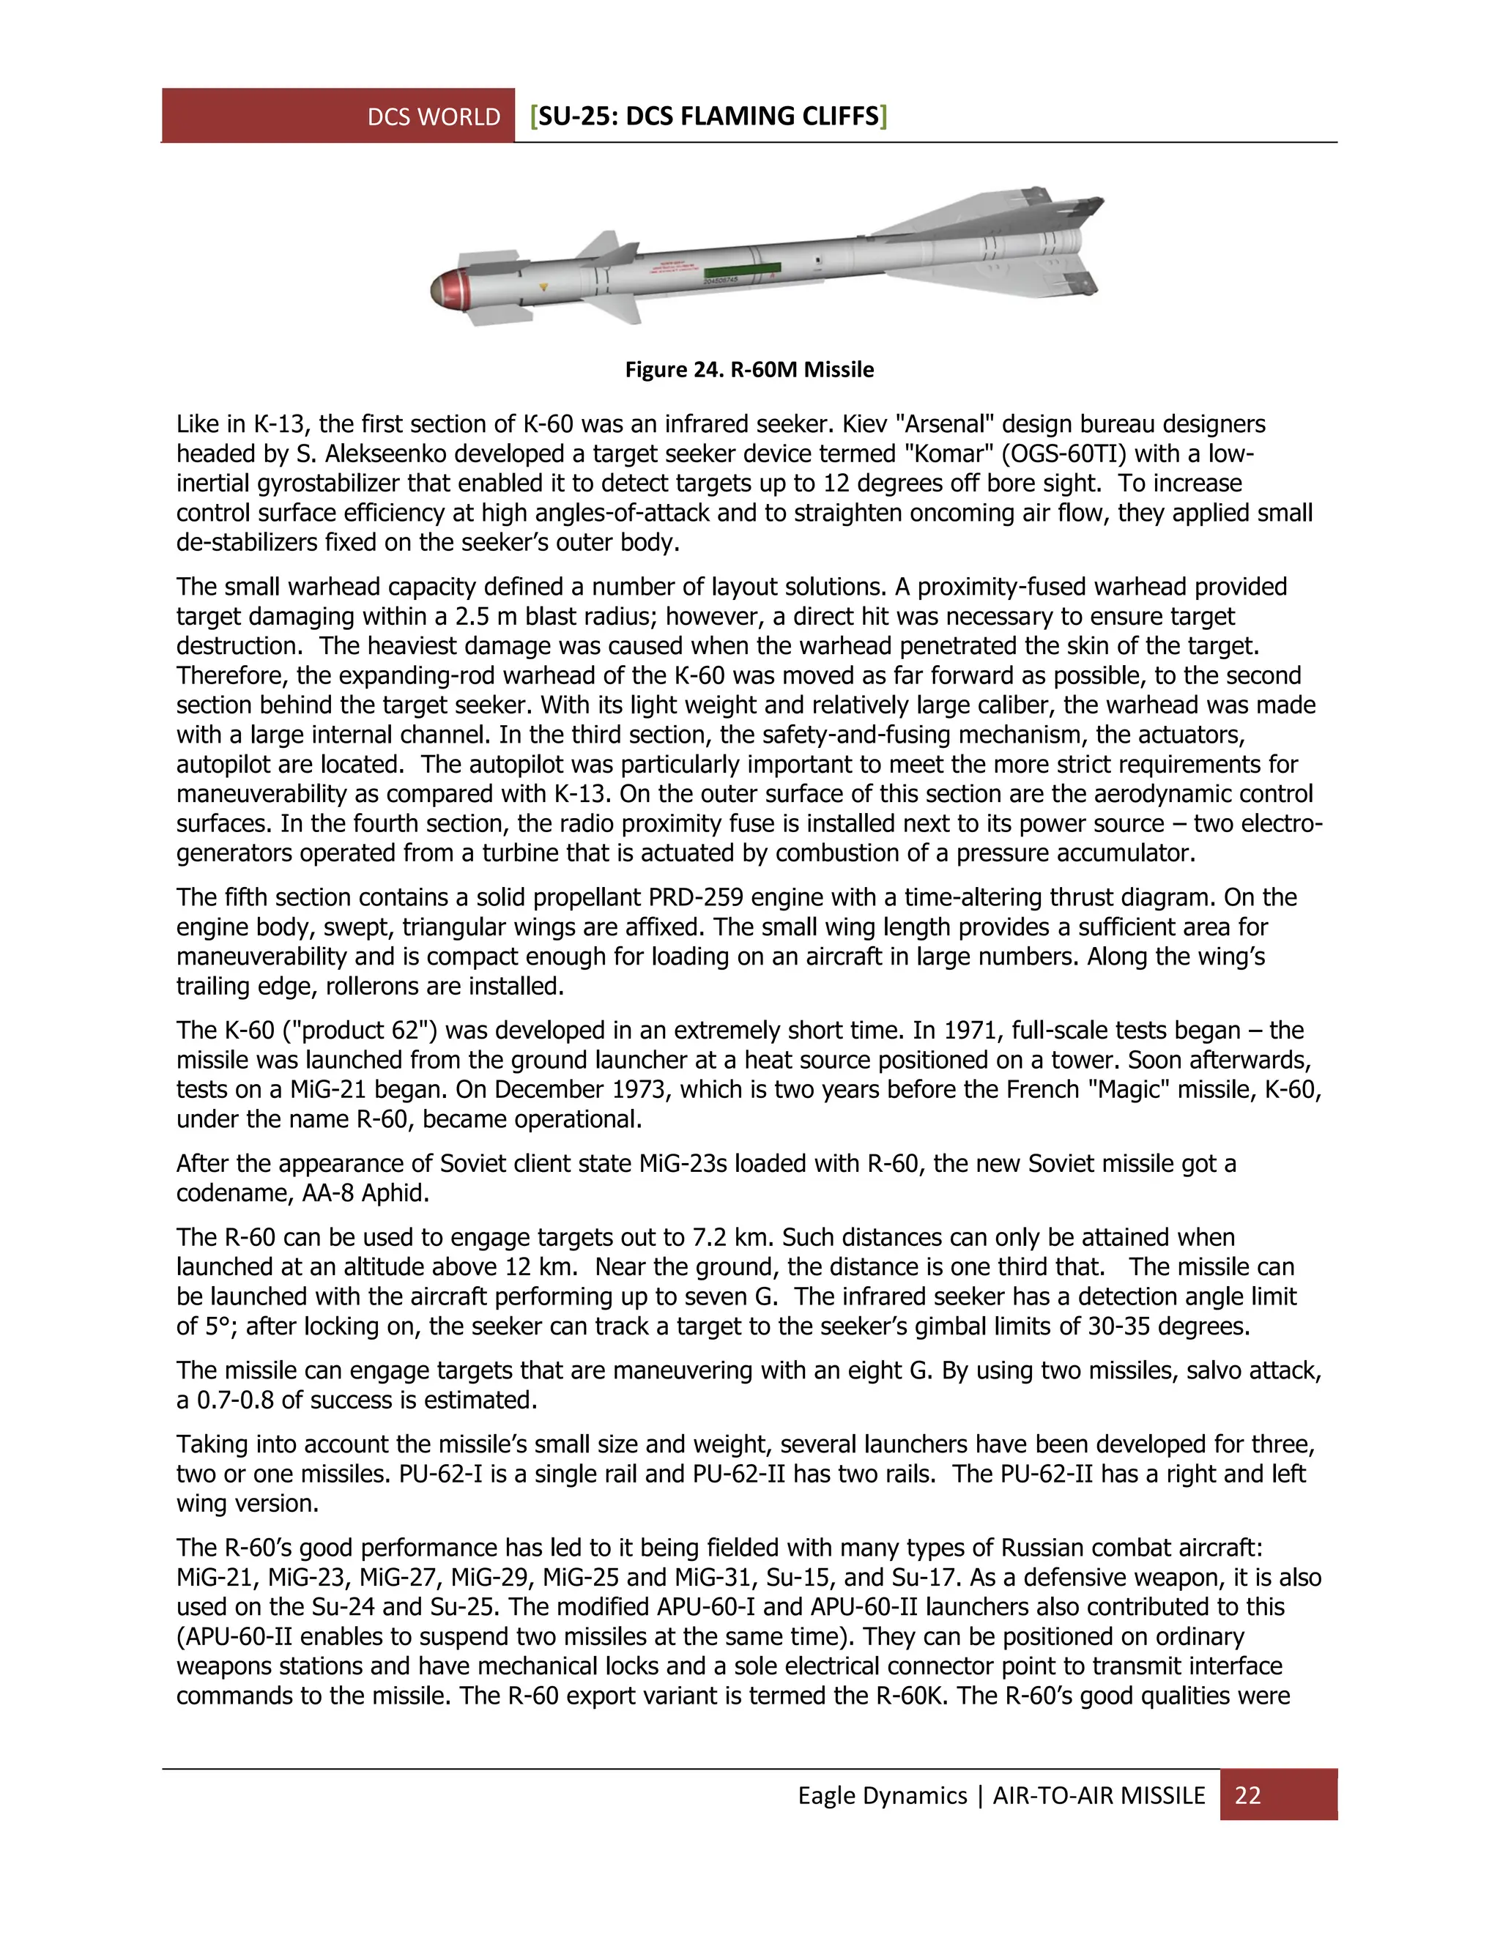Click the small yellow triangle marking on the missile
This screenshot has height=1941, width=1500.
[x=544, y=288]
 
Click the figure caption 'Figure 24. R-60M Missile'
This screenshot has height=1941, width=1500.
[x=749, y=370]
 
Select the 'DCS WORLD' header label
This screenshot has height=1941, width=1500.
[x=434, y=117]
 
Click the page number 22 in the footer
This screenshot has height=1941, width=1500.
[x=1247, y=1795]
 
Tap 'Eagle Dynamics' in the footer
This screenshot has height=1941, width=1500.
[x=882, y=1795]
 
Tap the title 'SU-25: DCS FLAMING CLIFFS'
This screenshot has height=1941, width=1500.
[x=708, y=116]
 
